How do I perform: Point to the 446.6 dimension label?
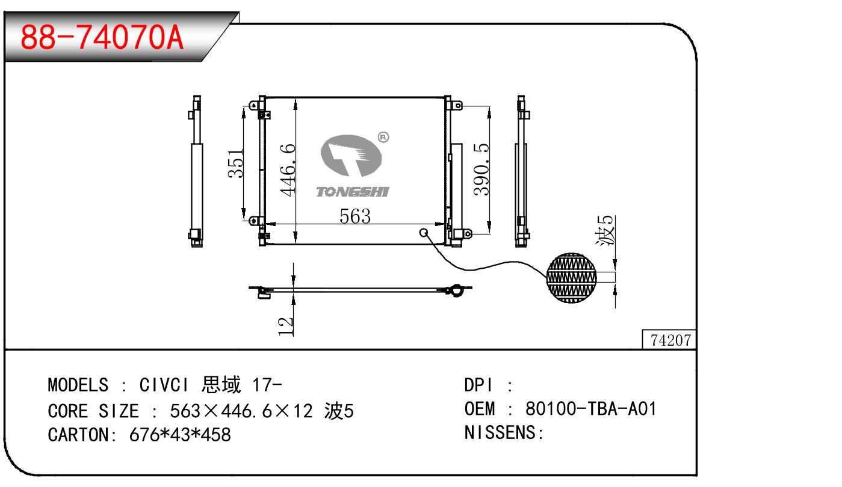288,169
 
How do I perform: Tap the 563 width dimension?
354,216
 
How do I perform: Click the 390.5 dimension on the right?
481,169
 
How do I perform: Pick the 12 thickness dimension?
287,325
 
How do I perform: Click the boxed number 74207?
670,340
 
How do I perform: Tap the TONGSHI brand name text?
353,192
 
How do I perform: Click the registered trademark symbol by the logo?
383,138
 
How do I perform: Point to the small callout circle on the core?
424,233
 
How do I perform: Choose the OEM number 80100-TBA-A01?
590,409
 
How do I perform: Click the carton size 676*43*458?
180,434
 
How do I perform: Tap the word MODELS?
78,384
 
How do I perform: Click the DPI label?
479,385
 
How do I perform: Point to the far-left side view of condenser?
196,171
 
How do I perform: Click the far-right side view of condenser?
521,171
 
